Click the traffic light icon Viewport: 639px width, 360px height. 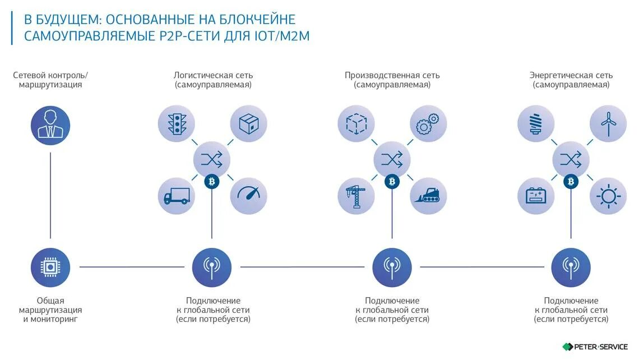click(x=177, y=123)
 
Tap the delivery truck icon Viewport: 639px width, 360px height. click(x=177, y=196)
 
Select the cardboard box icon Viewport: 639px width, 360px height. click(x=248, y=123)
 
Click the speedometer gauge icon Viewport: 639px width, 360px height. click(x=248, y=196)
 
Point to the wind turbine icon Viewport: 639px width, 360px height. click(x=608, y=123)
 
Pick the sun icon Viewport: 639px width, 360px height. click(x=608, y=196)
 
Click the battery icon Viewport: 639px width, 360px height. click(x=536, y=196)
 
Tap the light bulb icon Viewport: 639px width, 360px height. click(x=536, y=123)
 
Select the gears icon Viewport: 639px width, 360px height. click(x=428, y=123)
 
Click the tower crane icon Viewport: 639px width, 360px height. click(x=356, y=196)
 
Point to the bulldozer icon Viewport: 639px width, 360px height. click(x=428, y=196)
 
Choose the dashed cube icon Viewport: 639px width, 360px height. click(x=356, y=123)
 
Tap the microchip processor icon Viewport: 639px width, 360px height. click(x=50, y=267)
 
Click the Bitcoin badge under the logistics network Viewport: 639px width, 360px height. click(x=212, y=181)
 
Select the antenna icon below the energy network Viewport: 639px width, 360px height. click(x=571, y=267)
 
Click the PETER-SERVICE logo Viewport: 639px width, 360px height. click(x=595, y=347)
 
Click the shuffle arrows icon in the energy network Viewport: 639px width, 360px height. click(x=571, y=160)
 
